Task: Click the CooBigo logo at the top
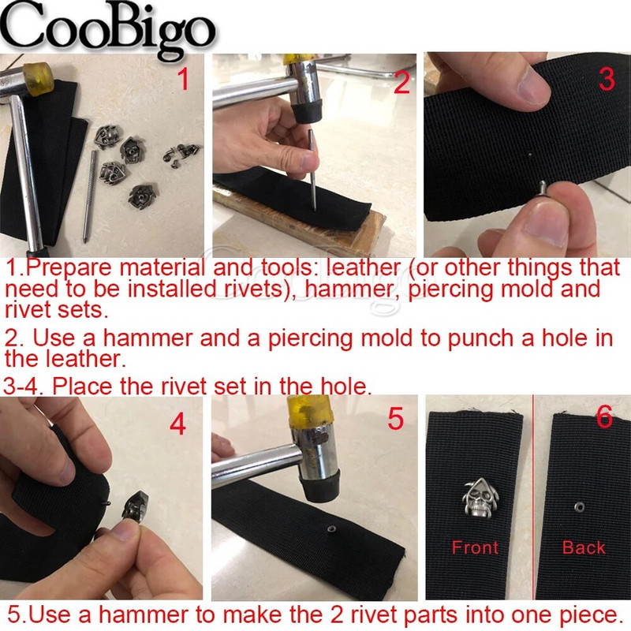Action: pyautogui.click(x=108, y=29)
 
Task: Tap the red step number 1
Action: pyautogui.click(x=183, y=79)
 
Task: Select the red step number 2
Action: pyautogui.click(x=401, y=83)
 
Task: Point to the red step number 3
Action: pyautogui.click(x=607, y=79)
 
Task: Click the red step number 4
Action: pyautogui.click(x=178, y=424)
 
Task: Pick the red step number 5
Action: pyautogui.click(x=395, y=419)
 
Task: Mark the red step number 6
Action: pyautogui.click(x=604, y=416)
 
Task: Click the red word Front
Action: pyautogui.click(x=475, y=547)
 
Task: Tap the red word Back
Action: pyautogui.click(x=584, y=547)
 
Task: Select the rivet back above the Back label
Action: pyautogui.click(x=580, y=507)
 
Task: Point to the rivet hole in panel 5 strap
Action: pyautogui.click(x=331, y=529)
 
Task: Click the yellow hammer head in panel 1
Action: pyautogui.click(x=38, y=79)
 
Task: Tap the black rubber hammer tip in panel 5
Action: pyautogui.click(x=319, y=485)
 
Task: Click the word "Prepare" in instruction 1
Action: pyautogui.click(x=69, y=267)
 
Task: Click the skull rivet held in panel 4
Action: pyautogui.click(x=136, y=506)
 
